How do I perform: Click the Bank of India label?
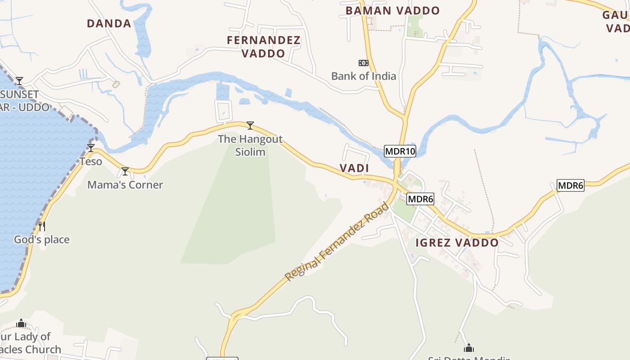point(364,76)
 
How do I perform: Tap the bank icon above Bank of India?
point(363,63)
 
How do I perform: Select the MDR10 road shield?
point(400,151)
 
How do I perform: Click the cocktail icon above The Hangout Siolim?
point(250,126)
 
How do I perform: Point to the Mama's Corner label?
point(125,184)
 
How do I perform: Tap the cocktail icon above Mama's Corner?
point(125,171)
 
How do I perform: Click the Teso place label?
point(91,161)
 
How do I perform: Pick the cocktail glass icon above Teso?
point(91,148)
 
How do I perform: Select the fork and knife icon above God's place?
point(42,226)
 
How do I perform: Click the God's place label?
point(42,239)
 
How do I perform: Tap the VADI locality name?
point(354,168)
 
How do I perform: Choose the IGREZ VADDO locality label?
point(457,243)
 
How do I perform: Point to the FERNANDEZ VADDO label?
point(264,47)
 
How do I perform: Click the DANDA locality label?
point(109,23)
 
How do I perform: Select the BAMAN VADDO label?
point(392,11)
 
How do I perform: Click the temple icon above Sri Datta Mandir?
point(469,348)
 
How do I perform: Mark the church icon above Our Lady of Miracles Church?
point(21,324)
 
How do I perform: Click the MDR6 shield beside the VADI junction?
point(420,199)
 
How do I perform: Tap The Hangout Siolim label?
point(250,145)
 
